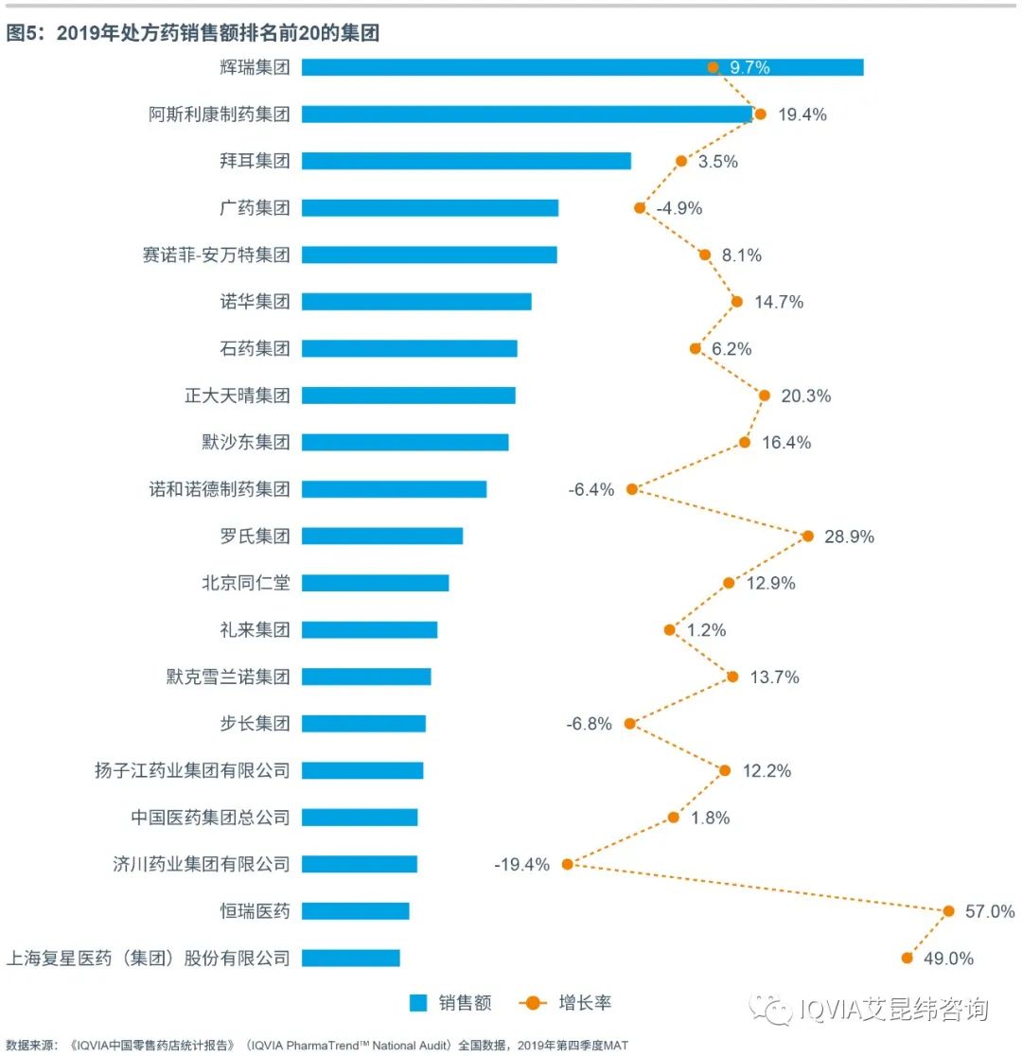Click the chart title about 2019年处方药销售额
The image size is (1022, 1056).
tap(193, 34)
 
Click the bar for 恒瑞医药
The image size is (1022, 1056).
tap(355, 910)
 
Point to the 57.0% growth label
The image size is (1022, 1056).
tap(990, 911)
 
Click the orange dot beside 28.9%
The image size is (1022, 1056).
tap(807, 536)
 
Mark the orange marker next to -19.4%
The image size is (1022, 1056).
tap(568, 864)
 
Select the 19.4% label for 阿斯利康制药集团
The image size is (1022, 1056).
tap(802, 114)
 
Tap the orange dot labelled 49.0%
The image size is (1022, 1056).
tap(907, 958)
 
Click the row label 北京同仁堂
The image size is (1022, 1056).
tap(246, 583)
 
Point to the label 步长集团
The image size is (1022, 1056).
tap(255, 724)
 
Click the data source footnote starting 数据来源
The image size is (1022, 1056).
tap(317, 1046)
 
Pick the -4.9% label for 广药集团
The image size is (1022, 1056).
tap(678, 208)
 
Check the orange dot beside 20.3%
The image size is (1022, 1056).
tap(765, 396)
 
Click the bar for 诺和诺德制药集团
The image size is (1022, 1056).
tap(394, 489)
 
